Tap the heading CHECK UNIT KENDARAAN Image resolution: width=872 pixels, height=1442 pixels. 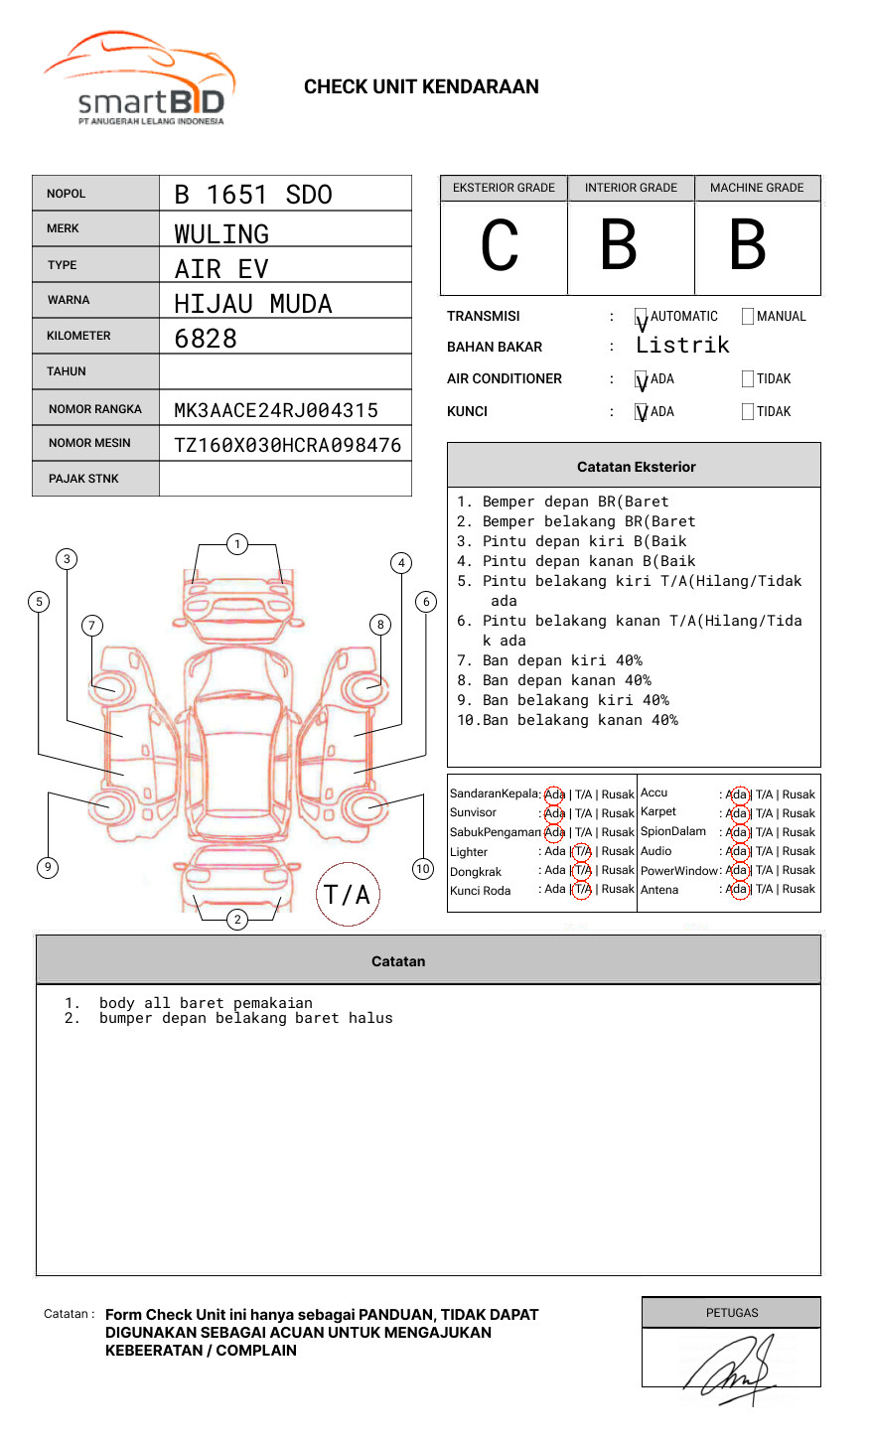click(x=421, y=87)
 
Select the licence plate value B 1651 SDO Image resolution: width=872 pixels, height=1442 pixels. click(x=253, y=195)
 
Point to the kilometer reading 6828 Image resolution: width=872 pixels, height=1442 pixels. click(x=206, y=339)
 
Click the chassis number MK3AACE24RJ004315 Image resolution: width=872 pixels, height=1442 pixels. click(x=276, y=410)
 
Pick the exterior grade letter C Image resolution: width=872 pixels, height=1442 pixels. click(x=500, y=246)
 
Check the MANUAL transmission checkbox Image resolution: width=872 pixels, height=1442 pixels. click(x=748, y=317)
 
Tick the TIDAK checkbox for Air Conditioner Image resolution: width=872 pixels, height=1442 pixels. click(x=748, y=379)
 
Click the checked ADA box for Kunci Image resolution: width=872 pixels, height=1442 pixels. click(x=641, y=412)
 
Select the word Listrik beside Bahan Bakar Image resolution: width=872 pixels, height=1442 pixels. click(x=682, y=346)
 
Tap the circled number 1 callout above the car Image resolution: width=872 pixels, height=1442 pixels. click(x=236, y=544)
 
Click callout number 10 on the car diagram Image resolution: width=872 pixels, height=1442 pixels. click(x=423, y=869)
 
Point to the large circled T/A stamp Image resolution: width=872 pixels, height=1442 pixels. click(x=348, y=895)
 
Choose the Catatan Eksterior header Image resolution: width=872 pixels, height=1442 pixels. click(x=636, y=467)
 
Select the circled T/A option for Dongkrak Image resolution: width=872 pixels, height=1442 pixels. click(x=582, y=870)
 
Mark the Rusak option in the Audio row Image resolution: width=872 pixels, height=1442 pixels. click(x=799, y=851)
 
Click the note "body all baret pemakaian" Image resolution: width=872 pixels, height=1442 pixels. click(x=206, y=1003)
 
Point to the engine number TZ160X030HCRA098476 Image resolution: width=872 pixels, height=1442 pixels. click(x=287, y=445)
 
